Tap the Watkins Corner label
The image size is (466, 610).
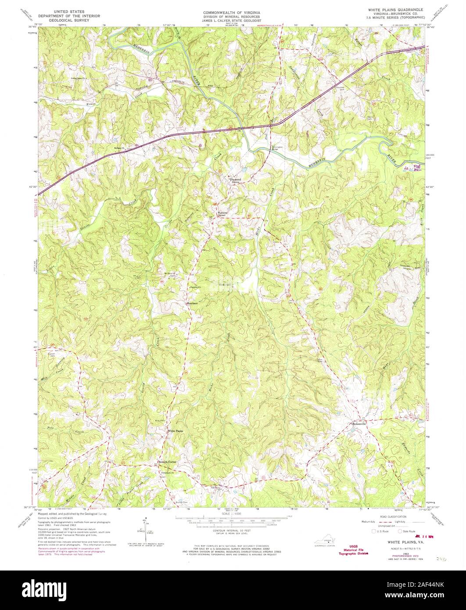(222, 214)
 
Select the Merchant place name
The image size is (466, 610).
(192, 303)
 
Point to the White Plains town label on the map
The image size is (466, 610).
(175, 431)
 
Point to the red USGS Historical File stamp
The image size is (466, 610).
(353, 551)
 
